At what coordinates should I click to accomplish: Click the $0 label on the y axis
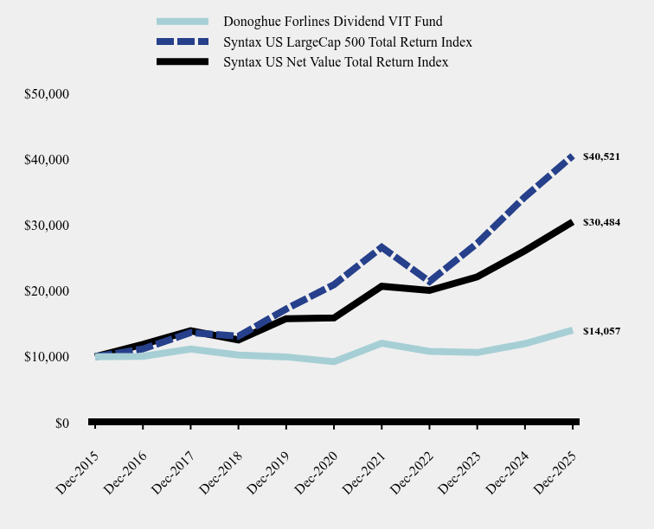[x=61, y=423]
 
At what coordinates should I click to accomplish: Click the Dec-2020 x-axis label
[x=316, y=471]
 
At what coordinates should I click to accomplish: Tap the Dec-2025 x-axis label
[x=555, y=471]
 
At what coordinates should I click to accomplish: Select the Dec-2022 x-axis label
[x=412, y=471]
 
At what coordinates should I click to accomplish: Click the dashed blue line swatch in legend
[x=183, y=41]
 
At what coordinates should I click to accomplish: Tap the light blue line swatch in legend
[x=183, y=21]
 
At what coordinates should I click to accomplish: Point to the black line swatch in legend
[x=183, y=62]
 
